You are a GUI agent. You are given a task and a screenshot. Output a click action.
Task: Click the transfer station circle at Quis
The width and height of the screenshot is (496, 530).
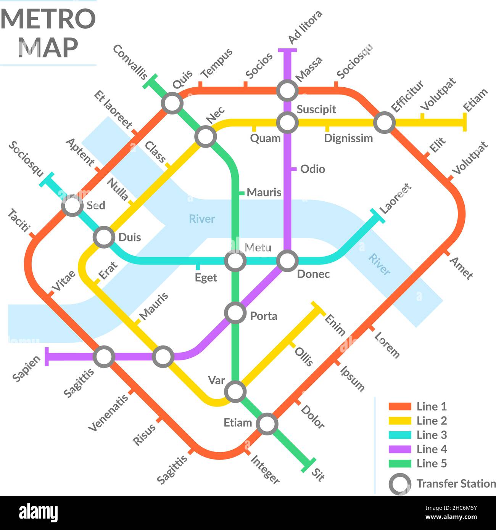coord(172,103)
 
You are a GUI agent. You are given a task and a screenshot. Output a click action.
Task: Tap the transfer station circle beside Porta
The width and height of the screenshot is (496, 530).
coord(235,313)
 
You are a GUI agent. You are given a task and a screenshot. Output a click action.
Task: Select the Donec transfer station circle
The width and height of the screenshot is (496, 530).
coord(287,261)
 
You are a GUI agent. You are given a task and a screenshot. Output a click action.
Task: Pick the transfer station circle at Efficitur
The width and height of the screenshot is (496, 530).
coord(384,123)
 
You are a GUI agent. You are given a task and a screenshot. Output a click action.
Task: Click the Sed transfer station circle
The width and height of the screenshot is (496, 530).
coord(72,206)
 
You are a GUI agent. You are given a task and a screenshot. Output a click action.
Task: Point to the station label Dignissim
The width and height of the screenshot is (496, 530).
coord(348,138)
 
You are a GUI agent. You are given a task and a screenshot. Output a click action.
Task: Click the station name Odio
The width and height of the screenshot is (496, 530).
coord(312,169)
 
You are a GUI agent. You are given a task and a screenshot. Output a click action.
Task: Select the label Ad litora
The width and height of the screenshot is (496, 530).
coord(305,27)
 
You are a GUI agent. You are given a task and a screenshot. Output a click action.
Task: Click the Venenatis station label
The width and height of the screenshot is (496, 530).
coord(108,413)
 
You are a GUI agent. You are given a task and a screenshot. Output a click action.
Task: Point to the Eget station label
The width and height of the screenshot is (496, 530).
coord(206,278)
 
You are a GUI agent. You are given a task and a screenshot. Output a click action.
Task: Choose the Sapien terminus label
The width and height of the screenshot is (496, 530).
coord(26,369)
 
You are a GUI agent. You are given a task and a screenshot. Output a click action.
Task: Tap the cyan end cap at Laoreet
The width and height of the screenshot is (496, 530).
coord(377,215)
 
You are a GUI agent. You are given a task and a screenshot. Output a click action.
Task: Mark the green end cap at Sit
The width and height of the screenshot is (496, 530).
coord(308,465)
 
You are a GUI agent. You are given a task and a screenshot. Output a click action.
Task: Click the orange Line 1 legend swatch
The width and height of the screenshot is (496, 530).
coord(399,406)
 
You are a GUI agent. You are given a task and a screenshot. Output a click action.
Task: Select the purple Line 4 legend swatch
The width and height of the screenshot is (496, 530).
coord(399,450)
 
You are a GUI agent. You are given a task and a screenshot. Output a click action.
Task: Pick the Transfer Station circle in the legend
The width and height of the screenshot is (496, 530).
coord(399,484)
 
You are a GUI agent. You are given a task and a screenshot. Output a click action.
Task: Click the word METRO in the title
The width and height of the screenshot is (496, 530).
coord(48,19)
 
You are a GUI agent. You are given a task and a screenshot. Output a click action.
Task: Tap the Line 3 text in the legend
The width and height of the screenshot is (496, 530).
coord(432,435)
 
